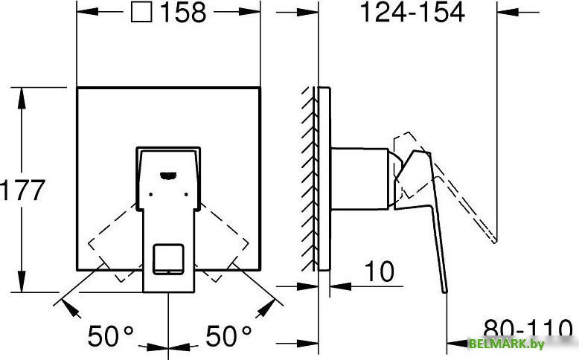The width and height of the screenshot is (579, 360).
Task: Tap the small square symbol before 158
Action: pyautogui.click(x=140, y=13)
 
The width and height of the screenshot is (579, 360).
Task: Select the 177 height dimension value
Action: pyautogui.click(x=23, y=190)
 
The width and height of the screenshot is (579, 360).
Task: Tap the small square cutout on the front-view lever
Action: pyautogui.click(x=167, y=258)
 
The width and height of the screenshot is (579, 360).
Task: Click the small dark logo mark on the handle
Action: pyautogui.click(x=168, y=176)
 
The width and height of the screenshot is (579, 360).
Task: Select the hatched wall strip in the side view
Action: pyautogui.click(x=308, y=179)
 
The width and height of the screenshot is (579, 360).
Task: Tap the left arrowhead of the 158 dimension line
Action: pyautogui.click(x=84, y=13)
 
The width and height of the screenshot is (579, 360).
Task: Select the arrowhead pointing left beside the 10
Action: pyautogui.click(x=337, y=284)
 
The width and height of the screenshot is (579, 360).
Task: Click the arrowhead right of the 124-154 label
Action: pyautogui.click(x=507, y=13)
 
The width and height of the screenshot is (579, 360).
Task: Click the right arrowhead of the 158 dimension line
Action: pyautogui.click(x=253, y=13)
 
